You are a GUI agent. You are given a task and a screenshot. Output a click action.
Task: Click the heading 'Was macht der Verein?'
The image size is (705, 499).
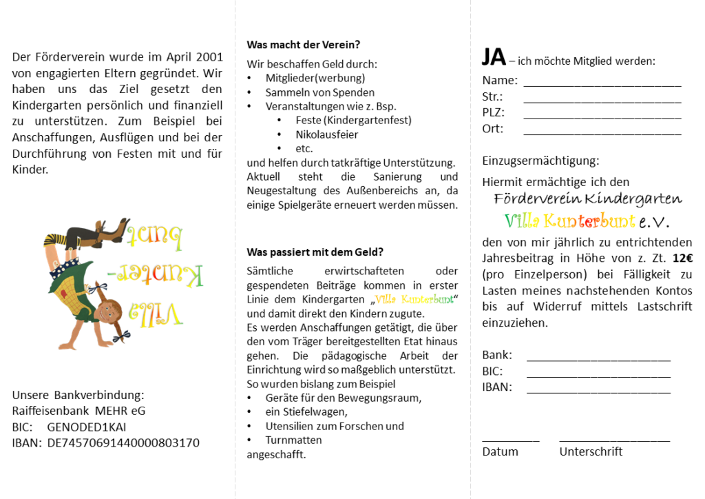coord(303,45)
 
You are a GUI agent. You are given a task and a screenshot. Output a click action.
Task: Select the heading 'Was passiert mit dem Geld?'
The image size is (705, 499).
coord(315,252)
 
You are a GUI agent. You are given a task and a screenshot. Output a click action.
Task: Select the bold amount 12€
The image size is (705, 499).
coord(682,258)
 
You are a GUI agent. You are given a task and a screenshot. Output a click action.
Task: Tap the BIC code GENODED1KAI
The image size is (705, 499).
coord(87,427)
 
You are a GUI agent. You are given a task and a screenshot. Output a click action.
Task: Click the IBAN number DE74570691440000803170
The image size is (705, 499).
coord(123,442)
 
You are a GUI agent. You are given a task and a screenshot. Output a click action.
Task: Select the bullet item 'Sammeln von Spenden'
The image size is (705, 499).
coord(320,92)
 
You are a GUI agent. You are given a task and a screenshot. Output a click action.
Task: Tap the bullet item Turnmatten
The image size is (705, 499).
coord(293,440)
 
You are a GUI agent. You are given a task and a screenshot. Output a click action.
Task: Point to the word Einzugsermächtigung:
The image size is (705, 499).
coord(540,161)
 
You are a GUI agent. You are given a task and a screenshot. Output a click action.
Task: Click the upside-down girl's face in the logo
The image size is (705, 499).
coord(110,308)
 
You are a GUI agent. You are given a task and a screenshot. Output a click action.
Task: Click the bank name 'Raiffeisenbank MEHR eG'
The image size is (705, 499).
coord(78,411)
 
